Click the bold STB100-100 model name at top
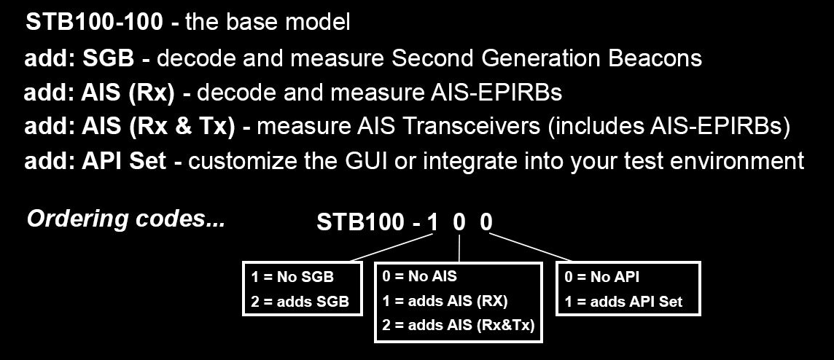tap(95, 23)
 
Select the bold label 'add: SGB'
tap(79, 58)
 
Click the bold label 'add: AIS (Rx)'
tap(99, 93)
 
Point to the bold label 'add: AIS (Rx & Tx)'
tap(129, 127)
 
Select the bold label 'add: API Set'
tap(96, 161)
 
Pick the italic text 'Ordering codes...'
tap(126, 219)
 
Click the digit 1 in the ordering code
tap(433, 222)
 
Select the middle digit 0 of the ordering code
tap(459, 222)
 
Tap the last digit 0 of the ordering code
tap(486, 222)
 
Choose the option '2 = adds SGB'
tap(300, 302)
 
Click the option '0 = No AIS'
tap(419, 276)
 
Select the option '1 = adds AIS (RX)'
tap(445, 301)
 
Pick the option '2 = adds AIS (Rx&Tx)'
tap(458, 325)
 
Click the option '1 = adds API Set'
tap(623, 302)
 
